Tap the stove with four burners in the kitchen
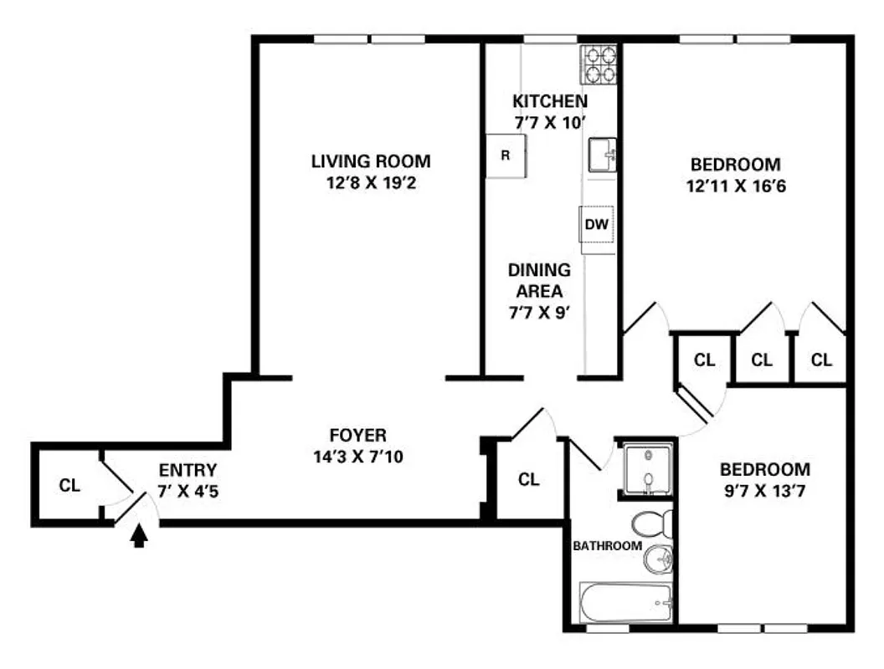point(599,65)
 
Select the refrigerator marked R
point(506,156)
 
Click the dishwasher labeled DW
point(596,224)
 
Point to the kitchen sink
point(602,155)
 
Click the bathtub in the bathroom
point(626,601)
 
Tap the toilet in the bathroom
point(650,524)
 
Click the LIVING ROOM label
point(371,161)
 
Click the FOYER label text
point(357,435)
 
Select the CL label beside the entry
point(69,485)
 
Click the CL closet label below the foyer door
point(528,479)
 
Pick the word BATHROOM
point(607,546)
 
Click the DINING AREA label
point(539,281)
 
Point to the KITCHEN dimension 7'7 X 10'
point(549,122)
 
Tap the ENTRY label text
point(187,470)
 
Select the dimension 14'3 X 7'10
point(357,457)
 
